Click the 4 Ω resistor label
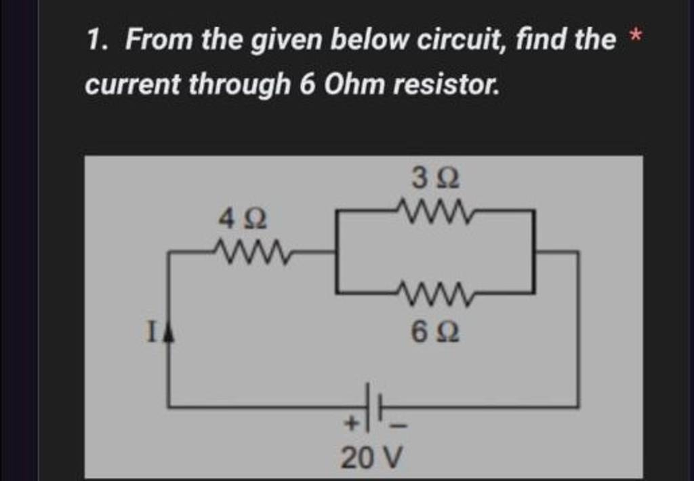click(243, 219)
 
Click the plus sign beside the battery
click(351, 424)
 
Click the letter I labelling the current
click(152, 332)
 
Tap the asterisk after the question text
click(635, 38)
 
